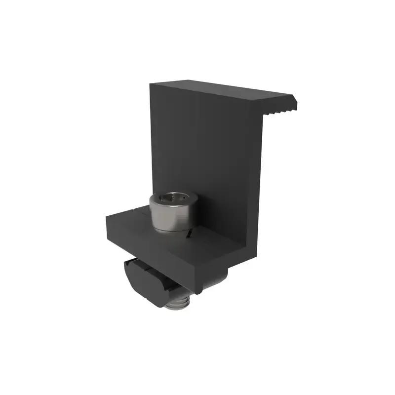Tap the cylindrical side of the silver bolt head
coord(170,217)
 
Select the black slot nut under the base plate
coord(148,279)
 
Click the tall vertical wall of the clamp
coord(207,148)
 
